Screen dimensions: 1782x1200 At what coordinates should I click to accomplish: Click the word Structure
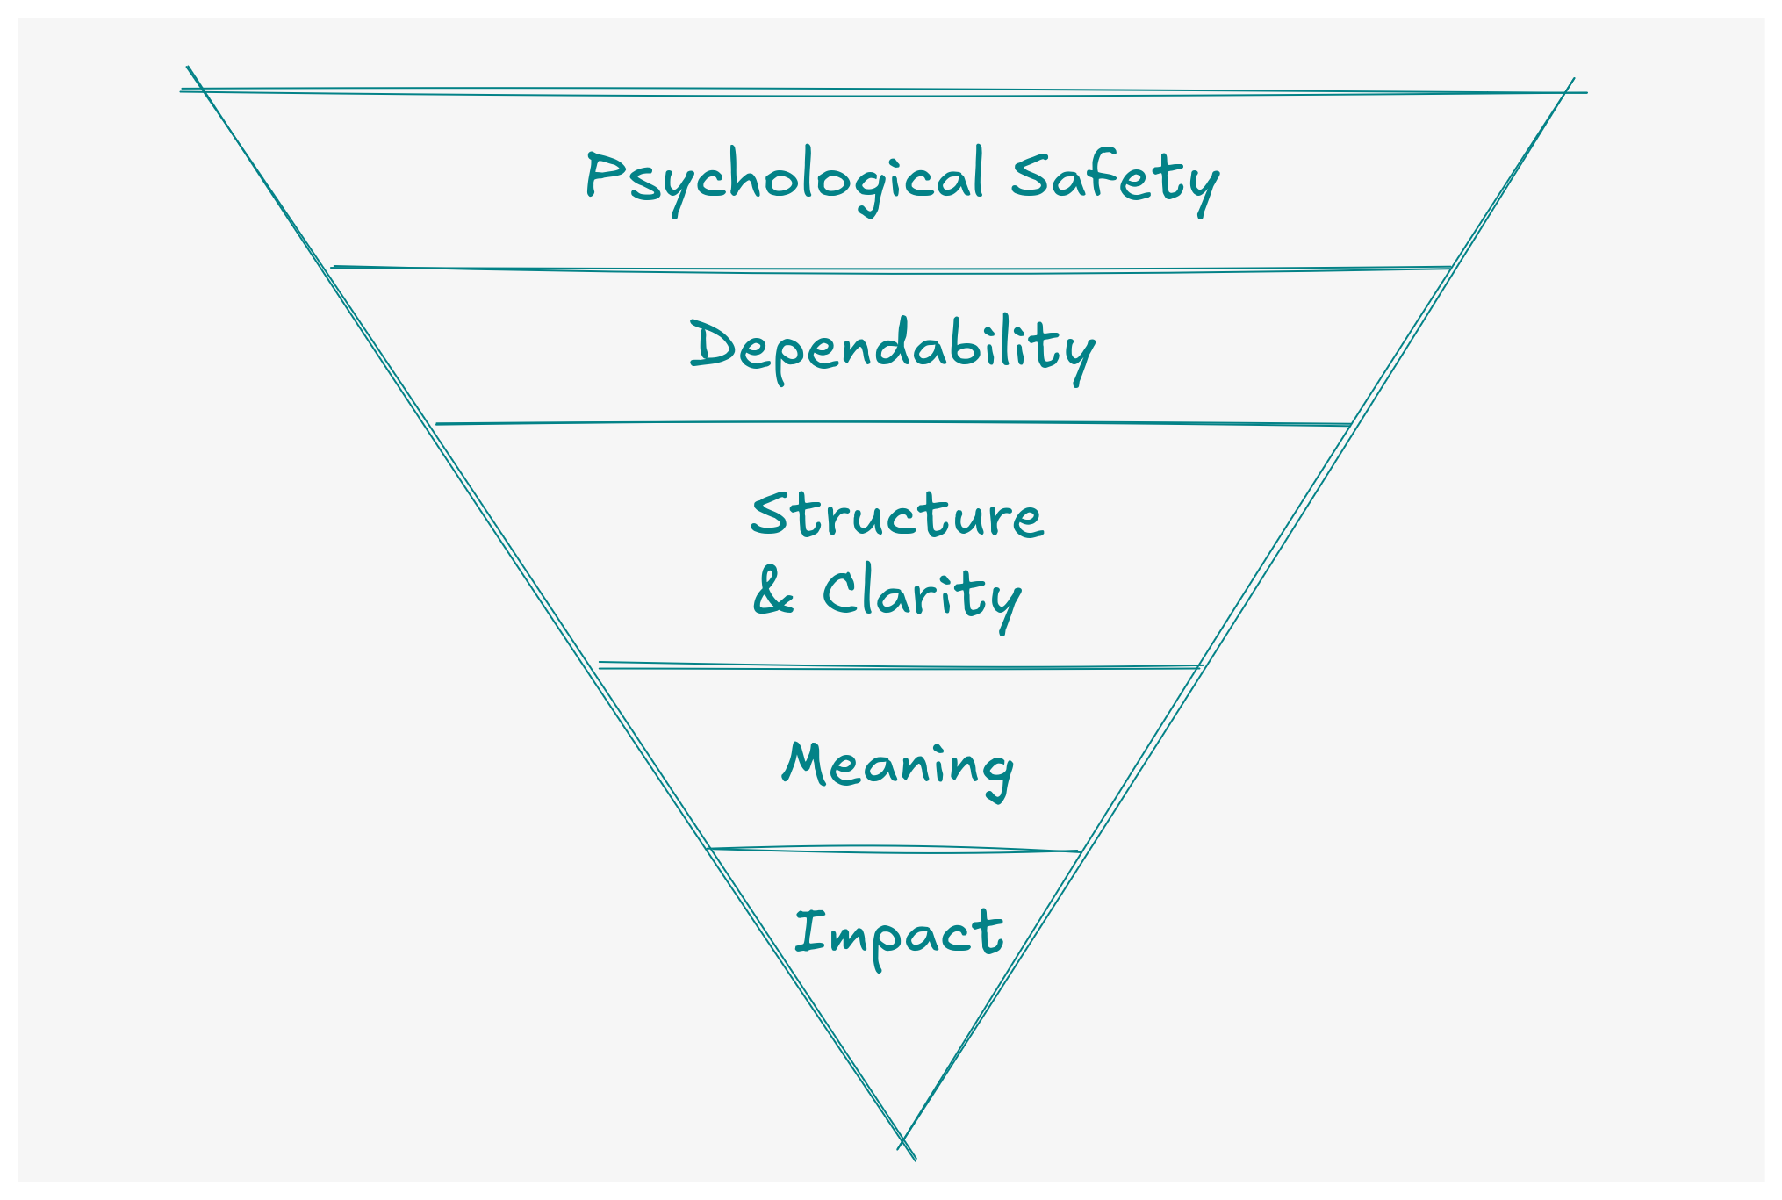[x=897, y=514]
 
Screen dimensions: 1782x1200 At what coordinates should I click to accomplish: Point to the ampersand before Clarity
[x=772, y=593]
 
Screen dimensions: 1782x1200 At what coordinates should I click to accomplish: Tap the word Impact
[x=899, y=933]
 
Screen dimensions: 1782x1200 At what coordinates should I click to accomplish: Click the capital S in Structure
[x=767, y=514]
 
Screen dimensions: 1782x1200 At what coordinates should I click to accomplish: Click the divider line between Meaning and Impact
[x=894, y=849]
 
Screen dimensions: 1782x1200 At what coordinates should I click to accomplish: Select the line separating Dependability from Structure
[x=892, y=423]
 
